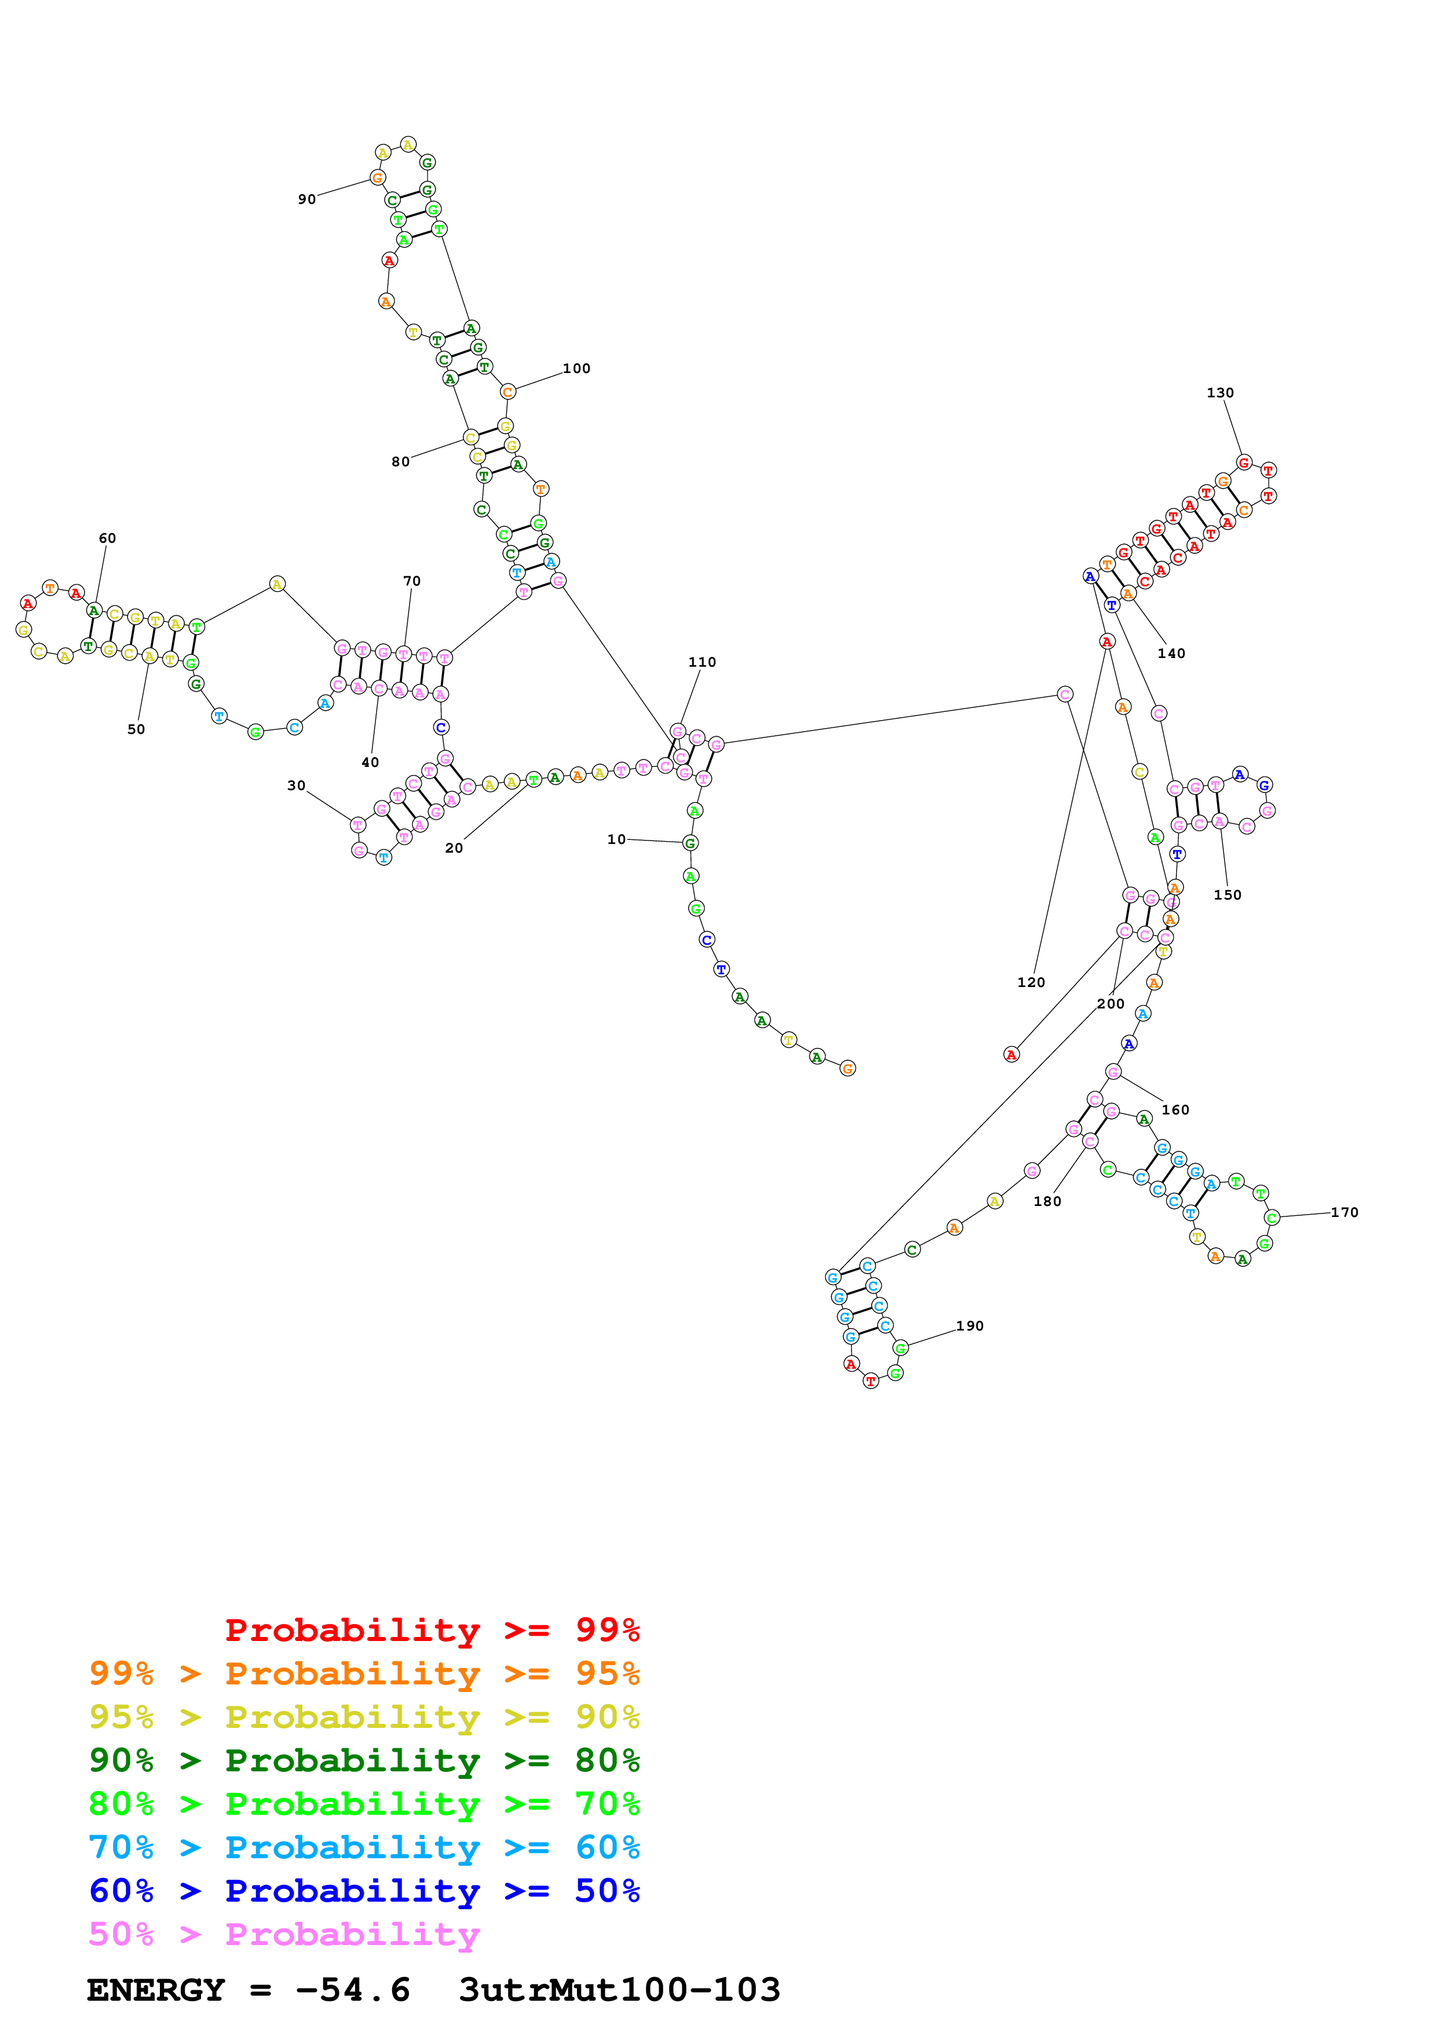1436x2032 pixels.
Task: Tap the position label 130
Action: (x=1219, y=392)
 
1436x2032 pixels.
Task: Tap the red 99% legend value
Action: (x=607, y=1629)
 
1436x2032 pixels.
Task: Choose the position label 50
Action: (x=136, y=729)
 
